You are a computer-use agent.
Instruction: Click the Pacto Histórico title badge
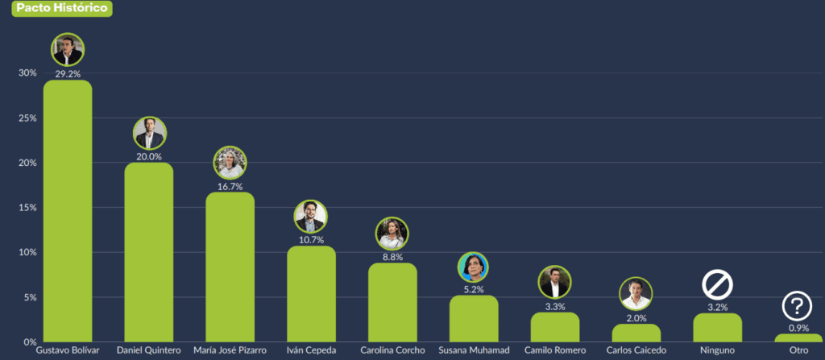tap(56, 9)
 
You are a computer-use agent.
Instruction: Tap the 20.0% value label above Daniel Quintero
tap(149, 157)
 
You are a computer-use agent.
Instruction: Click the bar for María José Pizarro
tap(230, 266)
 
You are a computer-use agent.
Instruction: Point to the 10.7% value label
tap(311, 240)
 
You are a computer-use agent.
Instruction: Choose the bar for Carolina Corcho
tap(392, 302)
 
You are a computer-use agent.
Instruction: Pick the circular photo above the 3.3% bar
tap(555, 282)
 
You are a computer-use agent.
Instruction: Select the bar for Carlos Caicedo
tap(636, 333)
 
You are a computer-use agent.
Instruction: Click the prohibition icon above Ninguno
tap(716, 284)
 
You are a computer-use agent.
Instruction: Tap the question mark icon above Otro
tap(797, 306)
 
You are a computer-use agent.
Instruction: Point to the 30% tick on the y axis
tap(27, 73)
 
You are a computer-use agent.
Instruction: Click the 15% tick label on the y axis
tap(27, 208)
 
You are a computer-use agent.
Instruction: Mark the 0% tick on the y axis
tap(29, 342)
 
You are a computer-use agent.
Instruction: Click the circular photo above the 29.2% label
tap(68, 50)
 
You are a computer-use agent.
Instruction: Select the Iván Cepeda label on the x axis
tap(311, 351)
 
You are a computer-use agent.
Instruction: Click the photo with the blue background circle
tap(474, 267)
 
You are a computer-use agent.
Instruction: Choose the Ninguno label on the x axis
tap(716, 351)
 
